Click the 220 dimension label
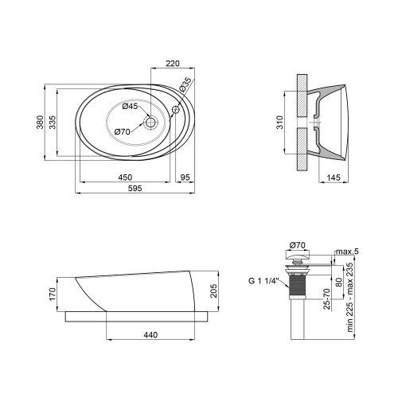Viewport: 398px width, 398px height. [173, 64]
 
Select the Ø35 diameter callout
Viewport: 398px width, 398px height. [185, 84]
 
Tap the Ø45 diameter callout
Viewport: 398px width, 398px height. [130, 107]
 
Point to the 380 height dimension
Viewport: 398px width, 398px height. [40, 122]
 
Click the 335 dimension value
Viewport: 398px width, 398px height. [53, 122]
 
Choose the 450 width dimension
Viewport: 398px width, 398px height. [125, 177]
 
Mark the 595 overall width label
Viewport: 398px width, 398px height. [135, 188]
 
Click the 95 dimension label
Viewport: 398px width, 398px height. [185, 177]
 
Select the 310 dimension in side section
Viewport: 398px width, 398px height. [280, 123]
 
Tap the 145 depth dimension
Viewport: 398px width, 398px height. [334, 178]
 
